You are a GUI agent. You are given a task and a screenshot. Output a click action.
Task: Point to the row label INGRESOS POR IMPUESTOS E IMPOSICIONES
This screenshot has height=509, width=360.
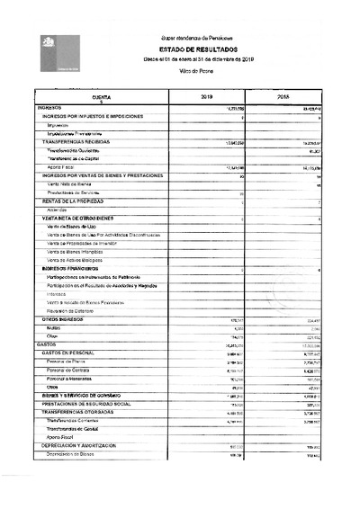click(93, 117)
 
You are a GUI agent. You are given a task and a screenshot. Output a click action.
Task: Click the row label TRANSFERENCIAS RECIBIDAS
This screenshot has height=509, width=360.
click(74, 142)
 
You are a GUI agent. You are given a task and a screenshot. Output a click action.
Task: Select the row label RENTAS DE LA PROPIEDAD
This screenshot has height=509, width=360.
click(73, 201)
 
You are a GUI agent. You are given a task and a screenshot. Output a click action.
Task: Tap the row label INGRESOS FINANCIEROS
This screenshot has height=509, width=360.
click(69, 269)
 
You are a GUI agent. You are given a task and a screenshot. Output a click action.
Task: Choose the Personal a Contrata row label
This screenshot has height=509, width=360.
click(69, 371)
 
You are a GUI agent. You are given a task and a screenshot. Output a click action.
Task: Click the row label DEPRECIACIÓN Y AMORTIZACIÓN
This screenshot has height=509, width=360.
click(87, 446)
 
